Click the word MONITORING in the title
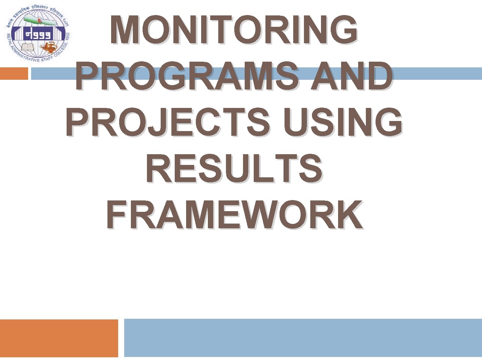(x=234, y=30)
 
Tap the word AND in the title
(x=351, y=76)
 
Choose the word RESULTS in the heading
(x=234, y=169)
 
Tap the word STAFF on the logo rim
(x=47, y=59)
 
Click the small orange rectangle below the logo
(x=14, y=73)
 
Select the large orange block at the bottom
(x=59, y=338)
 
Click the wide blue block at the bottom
(x=303, y=338)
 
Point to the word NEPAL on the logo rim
(x=9, y=39)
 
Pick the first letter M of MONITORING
(x=125, y=30)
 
